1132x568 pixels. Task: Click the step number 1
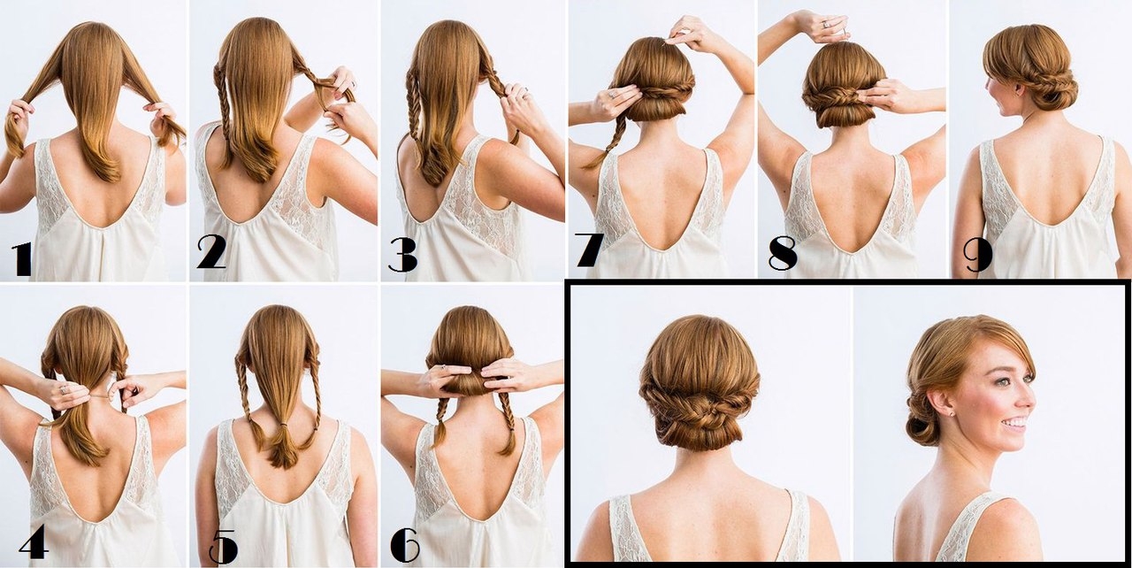tap(21, 259)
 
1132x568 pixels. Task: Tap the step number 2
tap(211, 252)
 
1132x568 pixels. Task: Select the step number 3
tap(402, 255)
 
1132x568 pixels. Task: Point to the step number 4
tap(34, 541)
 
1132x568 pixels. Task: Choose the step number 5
tap(224, 547)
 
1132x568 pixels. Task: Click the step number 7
tap(589, 249)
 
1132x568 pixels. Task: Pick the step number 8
tap(783, 253)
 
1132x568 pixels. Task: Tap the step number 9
tap(978, 256)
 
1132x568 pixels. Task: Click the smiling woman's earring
tap(952, 413)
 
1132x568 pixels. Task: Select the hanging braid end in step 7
tap(591, 163)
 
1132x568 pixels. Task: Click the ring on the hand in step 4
tap(64, 389)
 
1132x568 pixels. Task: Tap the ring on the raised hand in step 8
tap(825, 24)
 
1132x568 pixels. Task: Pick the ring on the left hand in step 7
tap(613, 94)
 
